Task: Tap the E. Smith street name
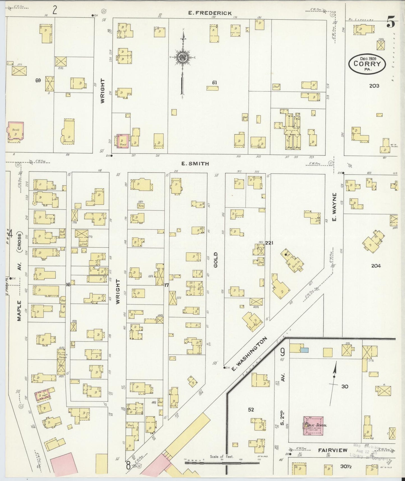coord(195,164)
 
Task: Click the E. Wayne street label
coord(334,207)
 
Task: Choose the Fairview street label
coord(333,450)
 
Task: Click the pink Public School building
coord(313,425)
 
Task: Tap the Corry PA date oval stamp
coord(367,64)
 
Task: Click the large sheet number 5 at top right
coord(391,22)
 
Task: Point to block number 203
coord(374,86)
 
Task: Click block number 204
coord(376,266)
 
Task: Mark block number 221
coord(269,243)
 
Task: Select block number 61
coord(214,83)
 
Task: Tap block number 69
coord(38,81)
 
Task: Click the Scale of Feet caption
coord(221,457)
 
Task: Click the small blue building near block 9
coord(305,350)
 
